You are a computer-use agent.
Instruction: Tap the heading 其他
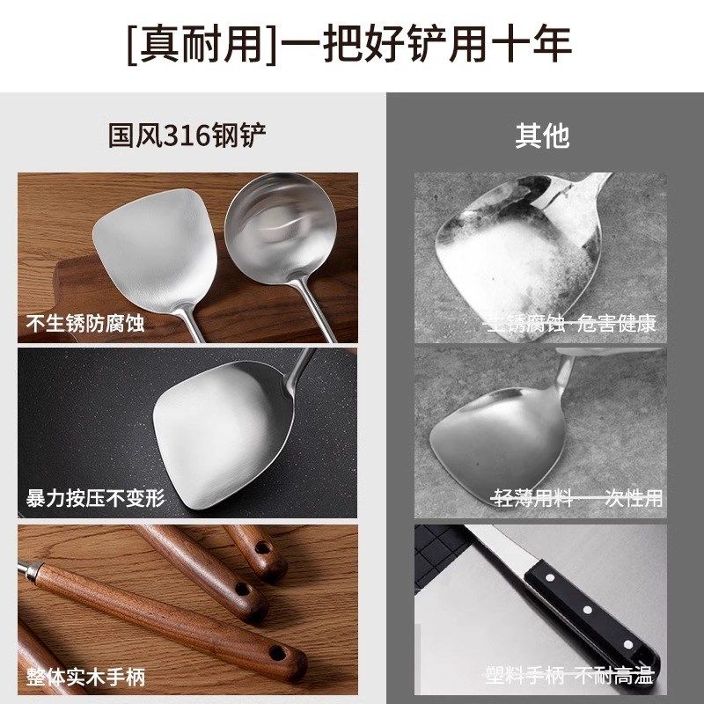(x=542, y=136)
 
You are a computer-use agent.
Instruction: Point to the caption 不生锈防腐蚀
(x=84, y=324)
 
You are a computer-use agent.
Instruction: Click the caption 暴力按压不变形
(x=95, y=498)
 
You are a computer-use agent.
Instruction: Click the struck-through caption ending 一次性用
(x=576, y=499)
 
